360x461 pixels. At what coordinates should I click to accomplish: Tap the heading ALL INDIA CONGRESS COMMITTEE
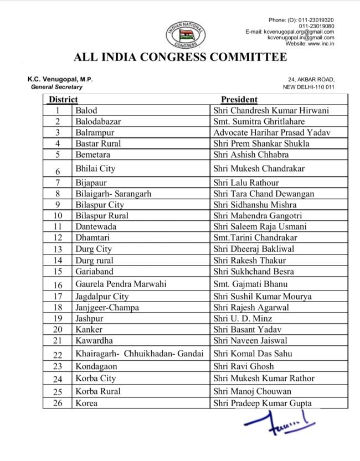tap(180, 58)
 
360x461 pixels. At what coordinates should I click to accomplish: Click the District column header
tap(62, 100)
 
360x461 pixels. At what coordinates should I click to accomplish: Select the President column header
tap(239, 100)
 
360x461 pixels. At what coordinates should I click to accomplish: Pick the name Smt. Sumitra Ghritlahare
tap(259, 122)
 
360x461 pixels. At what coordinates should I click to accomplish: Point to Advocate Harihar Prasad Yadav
tap(271, 133)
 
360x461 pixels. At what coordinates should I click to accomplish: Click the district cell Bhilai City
tap(95, 168)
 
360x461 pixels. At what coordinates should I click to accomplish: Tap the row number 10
tap(58, 215)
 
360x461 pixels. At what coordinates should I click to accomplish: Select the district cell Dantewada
tap(95, 226)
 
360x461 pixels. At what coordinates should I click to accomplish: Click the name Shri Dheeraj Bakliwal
tap(254, 249)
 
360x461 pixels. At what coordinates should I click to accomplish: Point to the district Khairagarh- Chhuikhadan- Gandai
tap(140, 354)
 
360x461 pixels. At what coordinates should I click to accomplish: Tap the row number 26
tap(58, 403)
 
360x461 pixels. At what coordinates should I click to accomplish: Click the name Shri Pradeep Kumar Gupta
tap(263, 403)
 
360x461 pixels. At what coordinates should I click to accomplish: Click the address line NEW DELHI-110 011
tap(308, 87)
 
